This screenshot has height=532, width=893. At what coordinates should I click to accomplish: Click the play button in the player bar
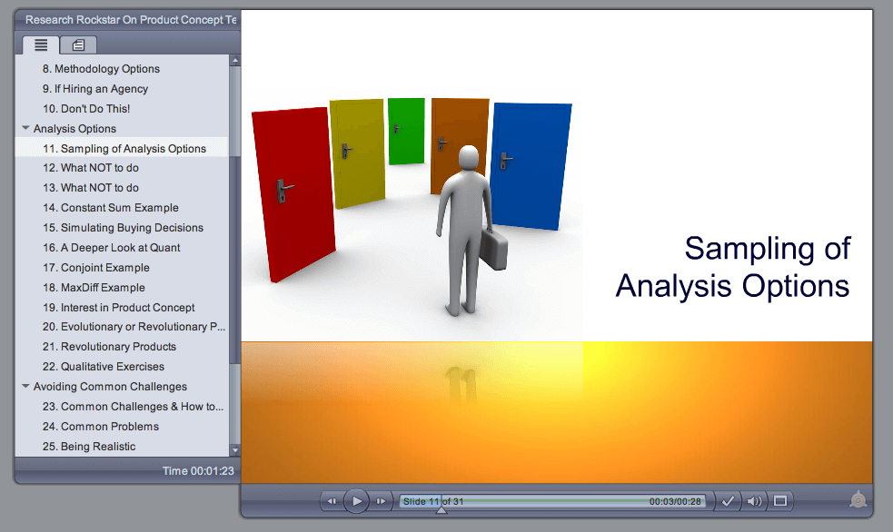[356, 501]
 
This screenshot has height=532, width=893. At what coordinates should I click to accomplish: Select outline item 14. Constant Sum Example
[111, 208]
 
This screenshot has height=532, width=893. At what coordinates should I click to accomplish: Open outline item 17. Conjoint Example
[96, 268]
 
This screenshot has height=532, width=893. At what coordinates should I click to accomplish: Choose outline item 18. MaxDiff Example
[94, 288]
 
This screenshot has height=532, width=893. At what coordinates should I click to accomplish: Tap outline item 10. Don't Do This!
[86, 109]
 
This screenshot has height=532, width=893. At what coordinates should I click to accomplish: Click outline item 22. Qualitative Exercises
[104, 367]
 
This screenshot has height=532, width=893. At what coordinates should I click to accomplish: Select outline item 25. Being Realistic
[89, 447]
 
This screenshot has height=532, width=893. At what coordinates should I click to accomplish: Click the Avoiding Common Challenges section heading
[110, 387]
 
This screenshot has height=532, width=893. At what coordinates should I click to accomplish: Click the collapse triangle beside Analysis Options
[25, 128]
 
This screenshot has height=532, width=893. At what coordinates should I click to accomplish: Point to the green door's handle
[396, 129]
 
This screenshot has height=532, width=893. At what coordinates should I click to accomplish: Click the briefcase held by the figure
[493, 250]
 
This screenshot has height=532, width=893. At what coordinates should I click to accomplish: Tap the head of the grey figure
[469, 158]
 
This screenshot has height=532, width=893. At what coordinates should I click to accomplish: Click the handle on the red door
[283, 190]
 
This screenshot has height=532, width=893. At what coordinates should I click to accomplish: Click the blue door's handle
[505, 161]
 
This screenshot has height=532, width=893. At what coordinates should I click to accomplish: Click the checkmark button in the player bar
[728, 501]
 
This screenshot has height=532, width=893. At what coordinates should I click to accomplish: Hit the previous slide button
[332, 501]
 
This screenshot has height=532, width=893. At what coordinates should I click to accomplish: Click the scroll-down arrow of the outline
[234, 450]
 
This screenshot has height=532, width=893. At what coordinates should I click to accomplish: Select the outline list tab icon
[41, 44]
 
